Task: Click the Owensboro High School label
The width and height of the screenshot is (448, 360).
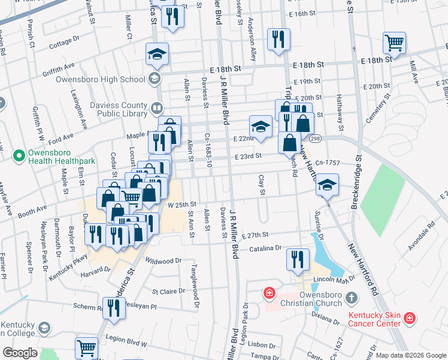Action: click(x=101, y=79)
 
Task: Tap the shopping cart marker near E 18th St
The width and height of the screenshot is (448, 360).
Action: click(x=395, y=42)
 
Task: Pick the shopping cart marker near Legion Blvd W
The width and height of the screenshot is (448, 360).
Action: click(x=87, y=349)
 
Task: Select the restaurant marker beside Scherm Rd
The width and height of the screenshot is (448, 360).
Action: click(x=113, y=307)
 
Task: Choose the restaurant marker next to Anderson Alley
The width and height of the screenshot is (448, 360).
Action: click(x=279, y=39)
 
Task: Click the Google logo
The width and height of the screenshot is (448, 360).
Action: click(x=19, y=353)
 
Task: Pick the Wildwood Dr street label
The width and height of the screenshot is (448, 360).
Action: click(x=164, y=261)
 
